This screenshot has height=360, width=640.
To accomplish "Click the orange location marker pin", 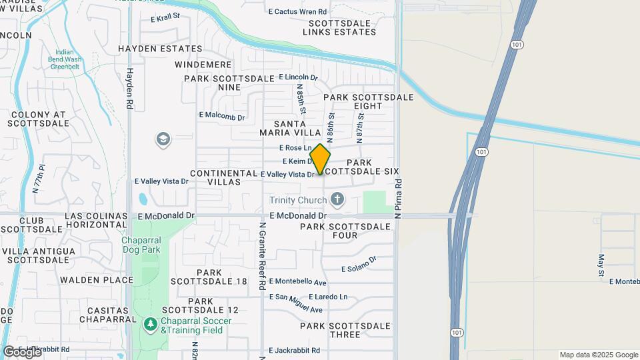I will [321, 159].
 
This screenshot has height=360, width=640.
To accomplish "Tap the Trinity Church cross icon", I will [337, 199].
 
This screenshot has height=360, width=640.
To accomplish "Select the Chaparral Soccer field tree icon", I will [150, 325].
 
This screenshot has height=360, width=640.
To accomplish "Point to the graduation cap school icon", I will [163, 139].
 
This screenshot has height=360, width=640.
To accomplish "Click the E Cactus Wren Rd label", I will [297, 12].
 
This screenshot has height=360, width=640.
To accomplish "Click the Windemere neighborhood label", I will [203, 65].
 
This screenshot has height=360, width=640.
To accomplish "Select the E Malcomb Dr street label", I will [222, 115].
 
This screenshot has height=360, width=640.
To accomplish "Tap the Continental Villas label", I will [223, 177].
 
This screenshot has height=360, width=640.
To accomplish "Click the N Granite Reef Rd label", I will [263, 256].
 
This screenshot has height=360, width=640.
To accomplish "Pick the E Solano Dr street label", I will [359, 264].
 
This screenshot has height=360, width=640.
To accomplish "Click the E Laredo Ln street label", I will [328, 297].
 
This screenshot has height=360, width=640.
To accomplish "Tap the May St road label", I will [601, 265].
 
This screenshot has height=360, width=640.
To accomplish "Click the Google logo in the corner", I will [22, 352].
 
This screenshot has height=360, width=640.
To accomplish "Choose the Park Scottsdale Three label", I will [345, 330].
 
